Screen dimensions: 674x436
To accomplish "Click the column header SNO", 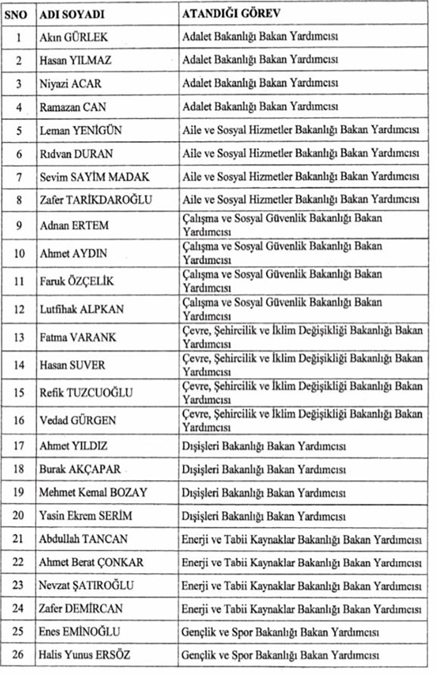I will (x=16, y=14).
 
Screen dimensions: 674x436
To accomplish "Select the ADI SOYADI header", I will (x=72, y=14).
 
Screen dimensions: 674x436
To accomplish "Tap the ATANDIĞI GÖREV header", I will (x=231, y=13).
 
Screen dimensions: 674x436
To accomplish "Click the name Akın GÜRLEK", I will (x=74, y=37).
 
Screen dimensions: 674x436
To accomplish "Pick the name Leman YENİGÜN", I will (x=81, y=130).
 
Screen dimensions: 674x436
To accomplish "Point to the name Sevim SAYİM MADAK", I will (x=94, y=177).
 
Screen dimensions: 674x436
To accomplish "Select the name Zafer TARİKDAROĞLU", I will (x=96, y=200).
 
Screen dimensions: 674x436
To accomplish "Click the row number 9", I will (x=19, y=226).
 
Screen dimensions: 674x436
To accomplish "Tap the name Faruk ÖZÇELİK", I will (x=77, y=281).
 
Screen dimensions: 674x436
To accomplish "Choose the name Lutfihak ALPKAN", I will (x=82, y=309).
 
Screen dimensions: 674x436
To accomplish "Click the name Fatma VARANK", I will (x=78, y=337).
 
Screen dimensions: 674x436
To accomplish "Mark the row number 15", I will (x=19, y=393).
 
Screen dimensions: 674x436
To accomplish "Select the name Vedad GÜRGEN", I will (x=78, y=421).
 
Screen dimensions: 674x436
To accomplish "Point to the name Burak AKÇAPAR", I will (x=80, y=469).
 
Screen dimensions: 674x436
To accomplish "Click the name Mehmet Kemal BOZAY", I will (x=93, y=492).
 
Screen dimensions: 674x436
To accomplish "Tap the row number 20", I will (x=19, y=515).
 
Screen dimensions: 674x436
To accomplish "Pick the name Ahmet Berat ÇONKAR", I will (x=91, y=562).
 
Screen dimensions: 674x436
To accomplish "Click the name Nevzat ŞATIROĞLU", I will (x=86, y=585).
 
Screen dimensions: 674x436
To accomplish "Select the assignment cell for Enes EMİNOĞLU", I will (x=280, y=632).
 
